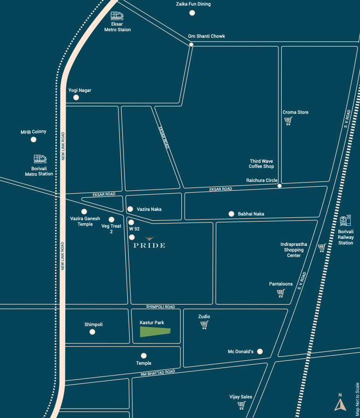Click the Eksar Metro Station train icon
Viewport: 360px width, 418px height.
tap(117, 16)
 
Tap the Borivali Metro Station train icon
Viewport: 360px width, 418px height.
tap(40, 160)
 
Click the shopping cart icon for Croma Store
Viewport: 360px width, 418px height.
tap(288, 121)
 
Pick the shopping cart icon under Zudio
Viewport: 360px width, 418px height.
tap(204, 325)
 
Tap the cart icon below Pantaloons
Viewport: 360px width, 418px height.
tap(281, 293)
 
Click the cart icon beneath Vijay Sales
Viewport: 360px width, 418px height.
tap(241, 405)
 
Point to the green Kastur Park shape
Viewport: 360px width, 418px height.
tap(155, 332)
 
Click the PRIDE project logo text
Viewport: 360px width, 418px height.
tap(149, 245)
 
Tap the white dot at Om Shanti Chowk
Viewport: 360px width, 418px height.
tap(192, 45)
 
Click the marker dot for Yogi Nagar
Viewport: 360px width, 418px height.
tap(76, 98)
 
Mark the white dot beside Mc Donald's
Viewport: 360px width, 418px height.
tap(260, 351)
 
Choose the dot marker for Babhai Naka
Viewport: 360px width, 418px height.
tap(231, 214)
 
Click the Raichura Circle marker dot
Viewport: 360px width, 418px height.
tap(279, 186)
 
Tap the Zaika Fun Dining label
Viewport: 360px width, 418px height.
tap(193, 4)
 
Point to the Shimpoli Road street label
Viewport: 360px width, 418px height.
tap(160, 307)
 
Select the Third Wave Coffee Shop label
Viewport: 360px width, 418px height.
tap(261, 164)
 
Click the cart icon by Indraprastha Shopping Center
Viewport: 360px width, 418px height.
tap(321, 248)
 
